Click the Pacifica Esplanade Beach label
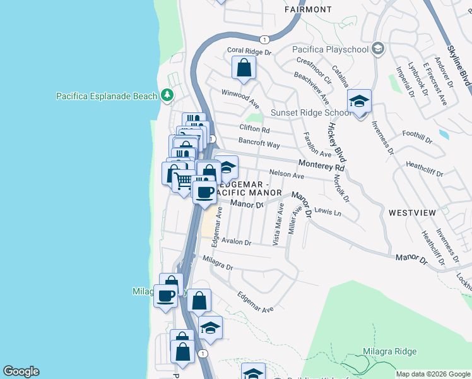[x=106, y=96]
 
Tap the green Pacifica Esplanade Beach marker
[x=167, y=95]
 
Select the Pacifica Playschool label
[x=331, y=49]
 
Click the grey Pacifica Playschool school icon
[x=377, y=49]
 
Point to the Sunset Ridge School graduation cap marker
[x=359, y=101]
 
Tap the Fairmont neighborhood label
[x=308, y=9]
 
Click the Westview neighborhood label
[x=411, y=213]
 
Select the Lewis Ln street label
[x=327, y=212]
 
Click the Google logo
[x=21, y=371]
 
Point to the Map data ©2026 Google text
[x=433, y=374]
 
